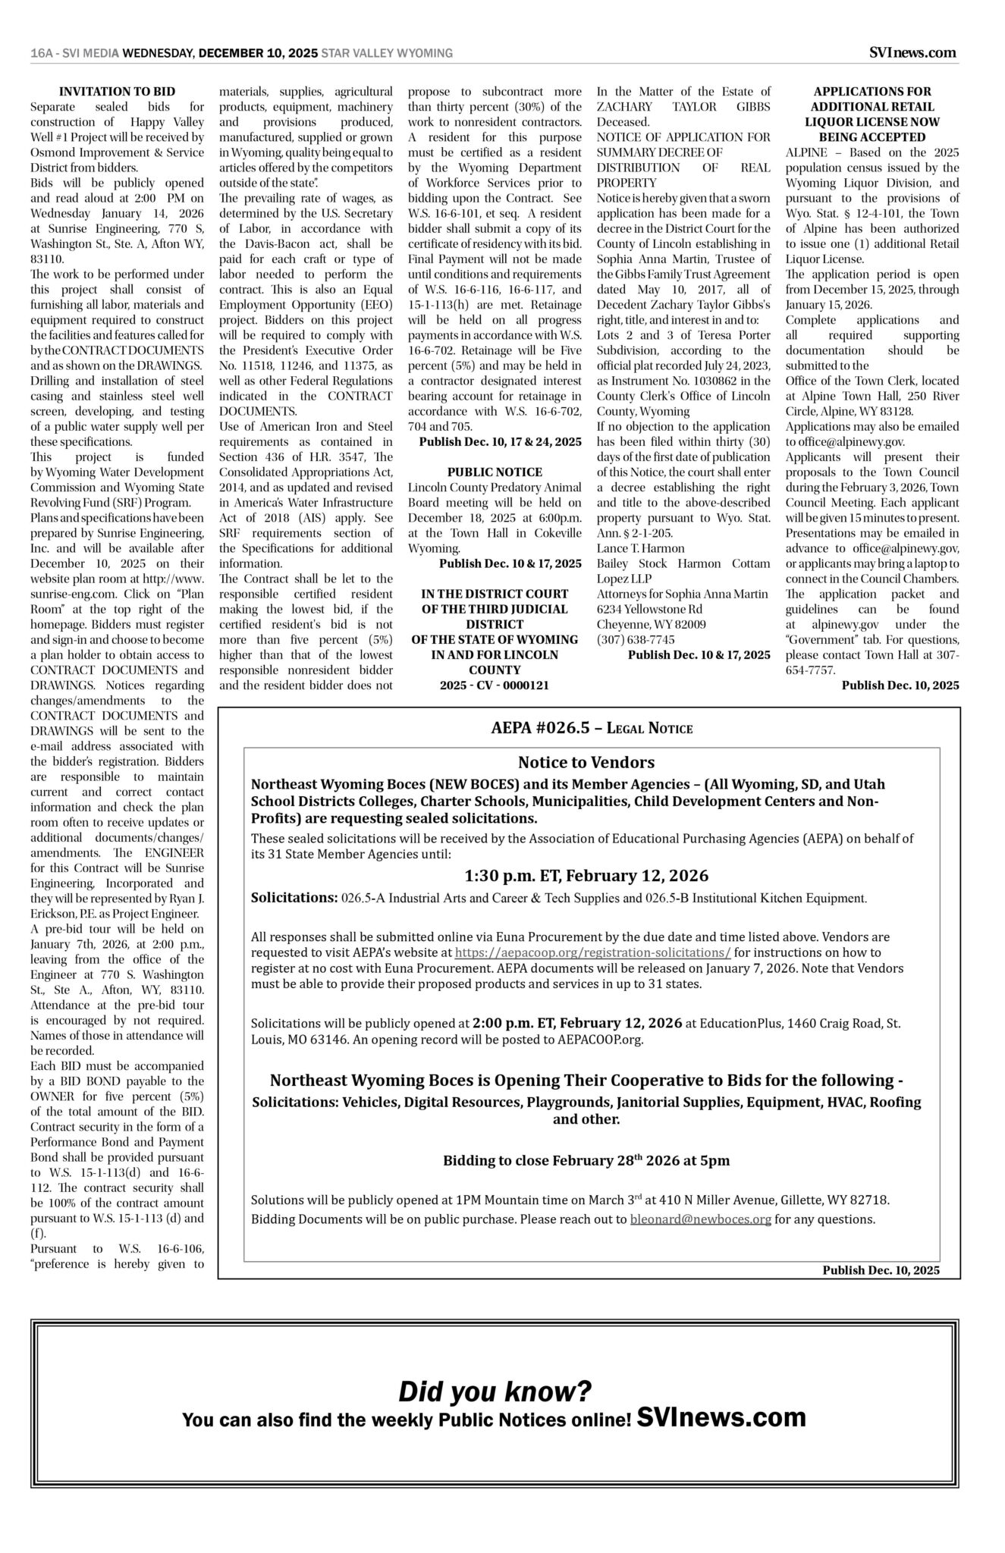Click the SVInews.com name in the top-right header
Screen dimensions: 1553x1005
pyautogui.click(x=912, y=52)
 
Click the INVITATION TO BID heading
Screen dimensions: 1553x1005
pyautogui.click(x=117, y=92)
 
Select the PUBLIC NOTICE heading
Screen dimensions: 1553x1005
pyautogui.click(x=495, y=472)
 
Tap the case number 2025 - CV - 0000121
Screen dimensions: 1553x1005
pyautogui.click(x=495, y=685)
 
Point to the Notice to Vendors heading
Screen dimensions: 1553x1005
pyautogui.click(x=586, y=762)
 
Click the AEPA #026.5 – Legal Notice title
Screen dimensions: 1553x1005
pyautogui.click(x=592, y=728)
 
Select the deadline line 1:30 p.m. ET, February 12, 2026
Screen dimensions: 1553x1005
pyautogui.click(x=586, y=876)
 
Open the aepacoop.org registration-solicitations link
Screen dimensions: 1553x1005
pyautogui.click(x=592, y=952)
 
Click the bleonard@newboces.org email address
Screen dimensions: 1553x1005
pyautogui.click(x=700, y=1219)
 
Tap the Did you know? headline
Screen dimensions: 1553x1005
pyautogui.click(x=495, y=1391)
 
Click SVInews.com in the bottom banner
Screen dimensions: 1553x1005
pyautogui.click(x=721, y=1417)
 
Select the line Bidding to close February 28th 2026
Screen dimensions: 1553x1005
pyautogui.click(x=586, y=1160)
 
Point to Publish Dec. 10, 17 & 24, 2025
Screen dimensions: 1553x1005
pyautogui.click(x=500, y=441)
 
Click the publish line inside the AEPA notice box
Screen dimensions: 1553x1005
pyautogui.click(x=881, y=1270)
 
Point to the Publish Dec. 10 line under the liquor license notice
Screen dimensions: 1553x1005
pyautogui.click(x=900, y=685)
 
